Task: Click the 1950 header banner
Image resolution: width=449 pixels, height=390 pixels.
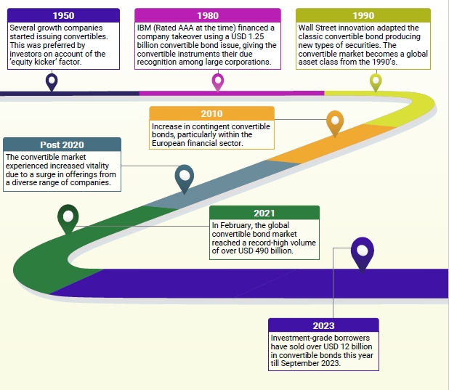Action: coord(64,15)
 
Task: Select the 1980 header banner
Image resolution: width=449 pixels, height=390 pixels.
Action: coord(208,15)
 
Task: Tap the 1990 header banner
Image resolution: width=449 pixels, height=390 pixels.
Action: coord(363,15)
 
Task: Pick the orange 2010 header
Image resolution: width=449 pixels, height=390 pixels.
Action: coord(211,114)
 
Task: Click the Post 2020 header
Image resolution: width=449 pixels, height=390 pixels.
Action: coord(62,145)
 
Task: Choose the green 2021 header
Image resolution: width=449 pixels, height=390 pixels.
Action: coord(264,213)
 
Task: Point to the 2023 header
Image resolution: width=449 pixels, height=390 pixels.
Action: coord(323,325)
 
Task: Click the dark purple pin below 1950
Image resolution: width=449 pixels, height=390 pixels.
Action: coord(52,81)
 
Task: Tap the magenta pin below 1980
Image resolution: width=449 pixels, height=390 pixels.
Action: coord(218,81)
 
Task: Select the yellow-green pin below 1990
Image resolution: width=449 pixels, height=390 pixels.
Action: coord(376,81)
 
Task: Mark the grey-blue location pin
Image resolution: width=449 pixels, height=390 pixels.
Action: coord(185,176)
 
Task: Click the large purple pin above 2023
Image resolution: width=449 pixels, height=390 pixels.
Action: coord(363,251)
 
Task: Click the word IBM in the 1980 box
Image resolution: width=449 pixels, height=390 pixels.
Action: coord(145,28)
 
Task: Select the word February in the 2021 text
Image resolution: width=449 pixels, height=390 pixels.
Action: coord(237,225)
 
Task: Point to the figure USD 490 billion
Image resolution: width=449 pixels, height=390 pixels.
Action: coord(254,251)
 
